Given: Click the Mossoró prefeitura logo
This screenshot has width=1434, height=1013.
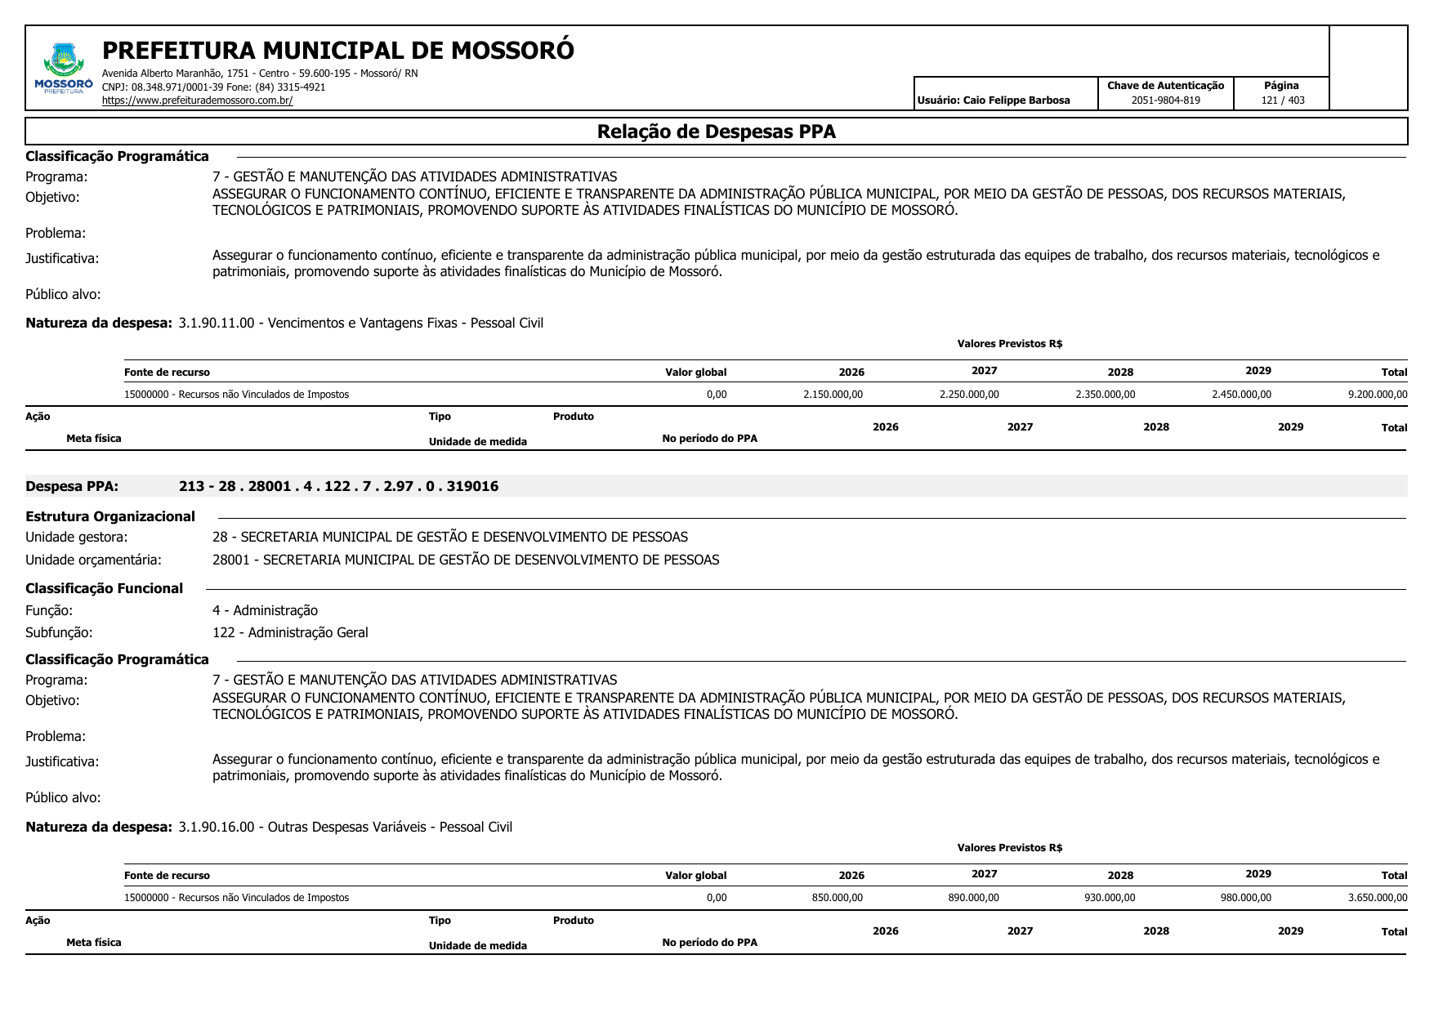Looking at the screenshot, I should pos(64,68).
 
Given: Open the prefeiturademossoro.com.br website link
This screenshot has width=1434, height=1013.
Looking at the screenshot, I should pos(197,100).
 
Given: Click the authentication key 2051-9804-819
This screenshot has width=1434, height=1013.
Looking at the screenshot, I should pos(1165,100).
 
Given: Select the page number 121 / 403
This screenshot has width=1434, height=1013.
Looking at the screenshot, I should pos(1282,100).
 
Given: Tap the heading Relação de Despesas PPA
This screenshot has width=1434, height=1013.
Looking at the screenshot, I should pos(716,132).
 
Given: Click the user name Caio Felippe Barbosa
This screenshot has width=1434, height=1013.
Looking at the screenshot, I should pos(1016,100).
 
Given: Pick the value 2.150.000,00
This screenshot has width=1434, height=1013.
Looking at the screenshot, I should pos(833,395).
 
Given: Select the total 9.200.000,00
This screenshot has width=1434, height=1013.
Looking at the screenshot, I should pos(1377,395).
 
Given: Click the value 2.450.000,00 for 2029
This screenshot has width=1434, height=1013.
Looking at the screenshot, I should pos(1241,395).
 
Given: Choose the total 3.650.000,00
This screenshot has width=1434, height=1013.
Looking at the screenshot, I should pos(1377,898).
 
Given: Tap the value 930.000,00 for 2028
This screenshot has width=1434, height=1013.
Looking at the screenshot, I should pos(1110,898).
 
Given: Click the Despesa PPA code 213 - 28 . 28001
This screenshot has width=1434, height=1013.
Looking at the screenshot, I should pos(338,486).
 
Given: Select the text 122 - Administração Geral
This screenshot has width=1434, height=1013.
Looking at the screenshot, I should pos(290,632).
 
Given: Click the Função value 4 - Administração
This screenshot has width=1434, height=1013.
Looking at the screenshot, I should pos(265,610).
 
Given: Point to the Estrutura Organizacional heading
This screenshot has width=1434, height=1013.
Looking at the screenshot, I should pos(110,516).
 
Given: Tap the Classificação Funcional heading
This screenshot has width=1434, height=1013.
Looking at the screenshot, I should pos(104,588).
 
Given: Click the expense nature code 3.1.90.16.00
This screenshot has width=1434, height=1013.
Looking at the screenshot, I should pos(217,827).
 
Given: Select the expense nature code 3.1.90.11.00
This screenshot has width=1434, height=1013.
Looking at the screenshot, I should pos(217,323).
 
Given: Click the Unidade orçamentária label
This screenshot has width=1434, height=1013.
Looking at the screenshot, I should pos(93,560).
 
